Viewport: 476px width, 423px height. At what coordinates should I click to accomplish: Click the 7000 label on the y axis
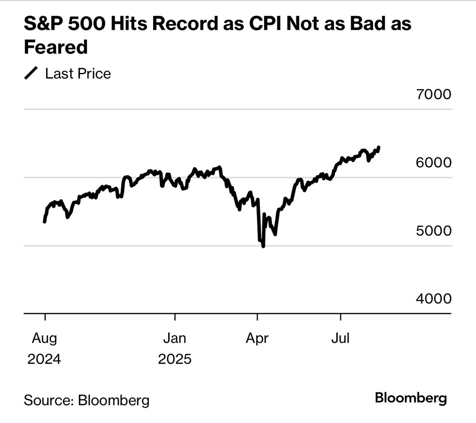(434, 94)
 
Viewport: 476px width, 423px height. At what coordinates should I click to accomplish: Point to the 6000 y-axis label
(434, 163)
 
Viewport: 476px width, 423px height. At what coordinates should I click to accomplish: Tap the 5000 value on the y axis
(434, 230)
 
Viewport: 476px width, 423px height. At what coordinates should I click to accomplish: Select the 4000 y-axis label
(434, 299)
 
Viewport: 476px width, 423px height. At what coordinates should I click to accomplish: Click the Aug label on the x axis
(44, 339)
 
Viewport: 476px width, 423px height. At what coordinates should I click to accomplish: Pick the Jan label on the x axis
(175, 339)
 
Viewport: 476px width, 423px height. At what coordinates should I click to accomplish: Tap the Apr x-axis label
(257, 339)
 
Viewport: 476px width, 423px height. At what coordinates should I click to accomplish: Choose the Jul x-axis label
(340, 339)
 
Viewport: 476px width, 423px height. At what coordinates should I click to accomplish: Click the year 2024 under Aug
(44, 359)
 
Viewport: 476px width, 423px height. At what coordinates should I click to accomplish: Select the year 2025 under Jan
(175, 359)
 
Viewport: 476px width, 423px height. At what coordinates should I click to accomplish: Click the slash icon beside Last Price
(31, 74)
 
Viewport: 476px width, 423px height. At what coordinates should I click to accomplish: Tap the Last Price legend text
(78, 74)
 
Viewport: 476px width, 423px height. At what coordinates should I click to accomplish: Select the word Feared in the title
(56, 47)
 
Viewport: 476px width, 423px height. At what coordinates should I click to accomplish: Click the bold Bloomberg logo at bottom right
(411, 398)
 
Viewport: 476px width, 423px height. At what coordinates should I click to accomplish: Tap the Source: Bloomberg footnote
(87, 400)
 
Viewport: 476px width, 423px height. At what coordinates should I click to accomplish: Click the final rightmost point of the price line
(379, 147)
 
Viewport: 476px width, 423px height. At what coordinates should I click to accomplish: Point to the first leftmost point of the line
(44, 222)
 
